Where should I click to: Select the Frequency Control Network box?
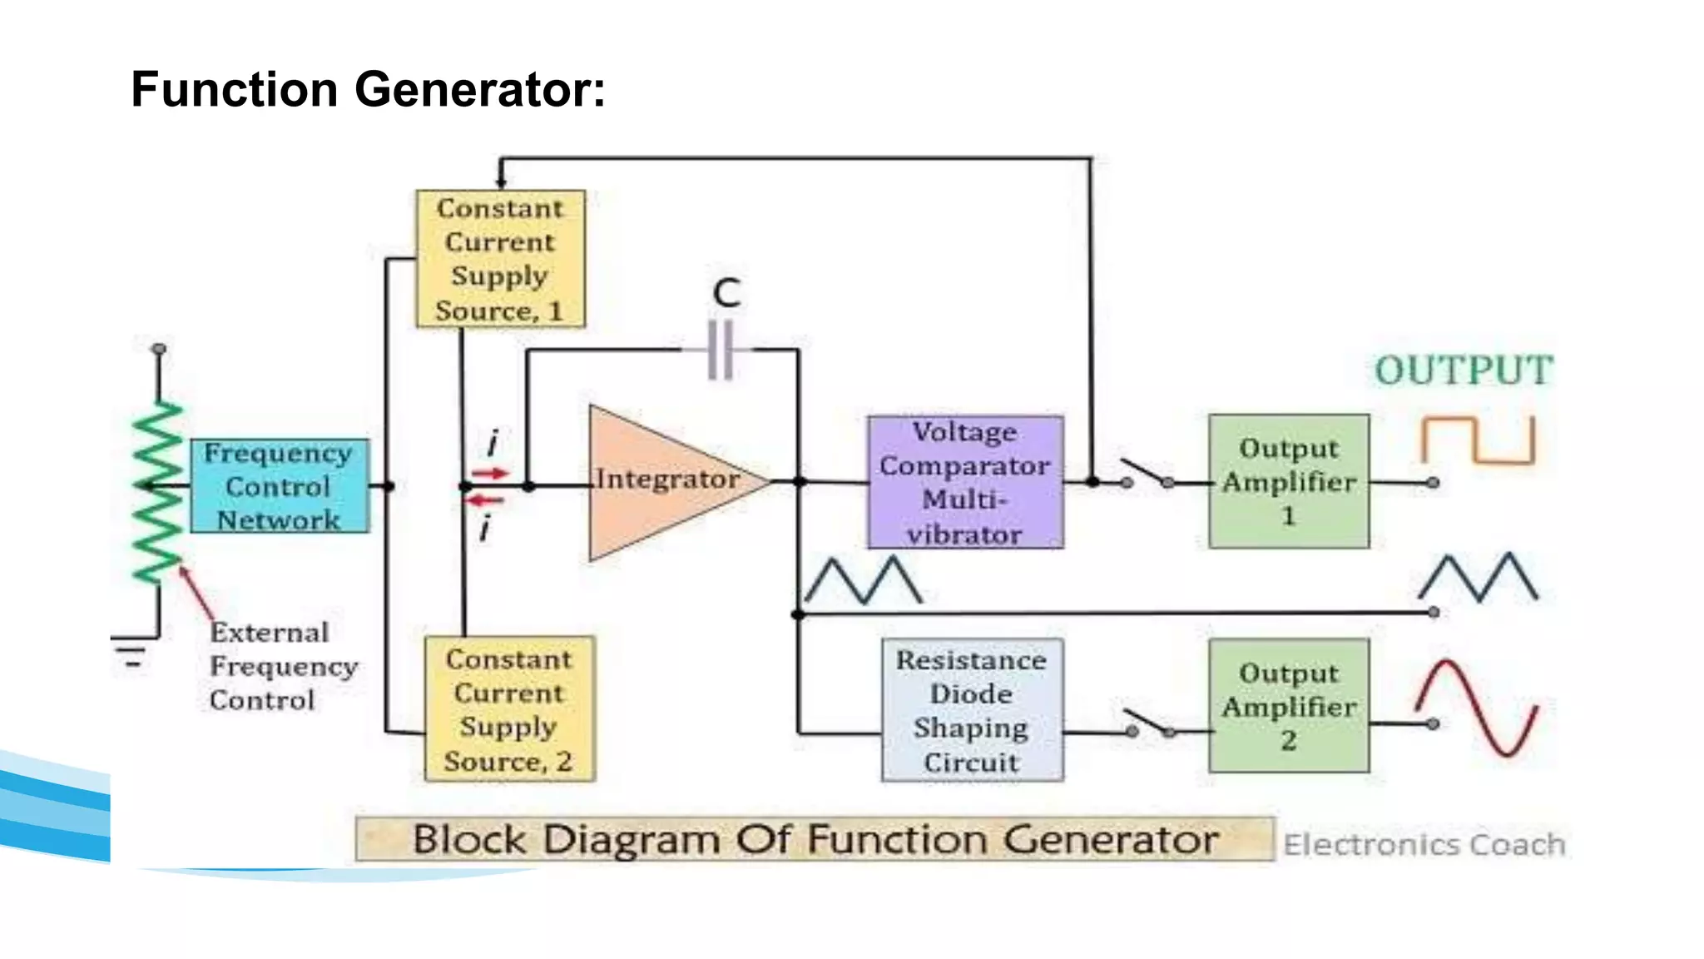(279, 486)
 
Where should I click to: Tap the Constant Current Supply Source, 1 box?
(500, 259)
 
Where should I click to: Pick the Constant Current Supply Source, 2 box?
(509, 709)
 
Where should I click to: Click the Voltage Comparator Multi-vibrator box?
(965, 483)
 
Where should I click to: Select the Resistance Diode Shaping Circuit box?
(972, 710)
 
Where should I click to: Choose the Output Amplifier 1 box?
(1288, 481)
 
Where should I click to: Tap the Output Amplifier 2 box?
(1288, 706)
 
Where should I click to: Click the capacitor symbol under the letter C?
(721, 350)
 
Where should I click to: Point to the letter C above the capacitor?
(726, 293)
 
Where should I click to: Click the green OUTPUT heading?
(1463, 370)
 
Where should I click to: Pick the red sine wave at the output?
(1477, 708)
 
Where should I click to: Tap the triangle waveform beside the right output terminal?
(1479, 577)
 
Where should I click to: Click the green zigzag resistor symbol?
(157, 491)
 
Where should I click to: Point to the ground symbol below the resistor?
(131, 653)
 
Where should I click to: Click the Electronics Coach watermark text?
(1424, 844)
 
